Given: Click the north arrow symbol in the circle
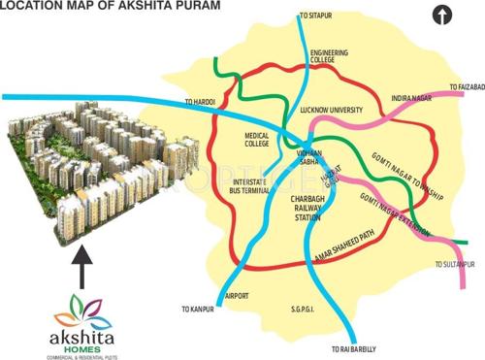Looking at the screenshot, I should pos(441,15).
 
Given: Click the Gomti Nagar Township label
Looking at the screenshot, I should pos(407,176).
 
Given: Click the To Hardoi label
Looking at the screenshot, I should pos(198,103).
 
